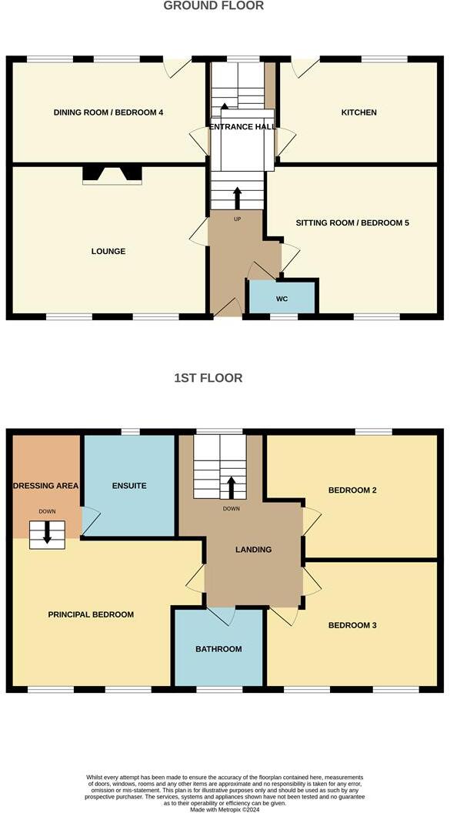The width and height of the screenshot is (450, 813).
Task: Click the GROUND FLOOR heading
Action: tap(214, 6)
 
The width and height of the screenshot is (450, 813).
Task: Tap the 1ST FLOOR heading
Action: tap(208, 378)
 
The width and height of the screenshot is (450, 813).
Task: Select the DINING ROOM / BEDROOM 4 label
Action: tap(108, 113)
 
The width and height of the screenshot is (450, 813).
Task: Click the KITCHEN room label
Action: tap(359, 113)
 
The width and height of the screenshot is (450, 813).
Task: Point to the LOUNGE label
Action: tap(108, 252)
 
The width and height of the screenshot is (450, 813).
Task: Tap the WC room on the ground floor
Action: tap(282, 298)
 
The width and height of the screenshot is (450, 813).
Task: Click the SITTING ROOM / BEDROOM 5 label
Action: tap(352, 223)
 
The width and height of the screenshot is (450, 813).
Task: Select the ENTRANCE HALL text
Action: tap(242, 127)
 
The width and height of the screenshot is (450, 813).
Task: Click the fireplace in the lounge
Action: tap(112, 176)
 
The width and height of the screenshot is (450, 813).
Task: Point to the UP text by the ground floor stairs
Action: tap(237, 219)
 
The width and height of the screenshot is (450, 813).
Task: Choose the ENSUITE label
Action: tap(129, 487)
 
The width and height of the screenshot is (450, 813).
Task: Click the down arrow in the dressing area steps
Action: tap(47, 534)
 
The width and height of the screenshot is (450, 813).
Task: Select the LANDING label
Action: tap(253, 550)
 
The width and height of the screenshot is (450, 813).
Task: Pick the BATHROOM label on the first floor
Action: tap(218, 650)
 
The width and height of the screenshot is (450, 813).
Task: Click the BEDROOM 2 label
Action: tap(352, 490)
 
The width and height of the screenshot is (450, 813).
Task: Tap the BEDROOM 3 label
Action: tap(352, 626)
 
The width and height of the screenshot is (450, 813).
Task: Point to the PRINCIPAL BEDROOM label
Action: tap(91, 615)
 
